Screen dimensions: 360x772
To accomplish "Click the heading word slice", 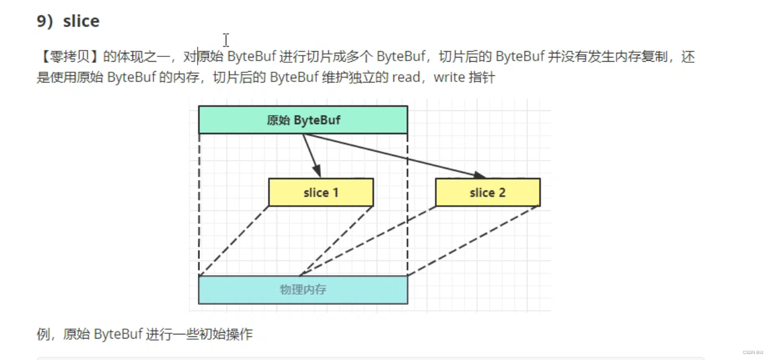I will tap(81, 21).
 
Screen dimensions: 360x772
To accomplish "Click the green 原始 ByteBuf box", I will tap(303, 120).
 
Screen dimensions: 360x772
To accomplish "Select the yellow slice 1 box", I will tap(320, 193).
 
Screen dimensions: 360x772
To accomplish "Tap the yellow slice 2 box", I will tap(487, 193).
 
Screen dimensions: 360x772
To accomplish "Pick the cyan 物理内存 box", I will tap(303, 290).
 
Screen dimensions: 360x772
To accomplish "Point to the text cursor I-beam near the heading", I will tap(226, 40).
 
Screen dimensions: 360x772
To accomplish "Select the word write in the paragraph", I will tap(449, 78).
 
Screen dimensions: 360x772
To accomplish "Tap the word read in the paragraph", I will tap(406, 78).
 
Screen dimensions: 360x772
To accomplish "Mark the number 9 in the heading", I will tap(42, 21).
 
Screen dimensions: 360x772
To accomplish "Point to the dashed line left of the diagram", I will tap(199, 205).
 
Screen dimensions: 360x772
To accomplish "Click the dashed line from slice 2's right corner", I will tap(475, 241).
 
